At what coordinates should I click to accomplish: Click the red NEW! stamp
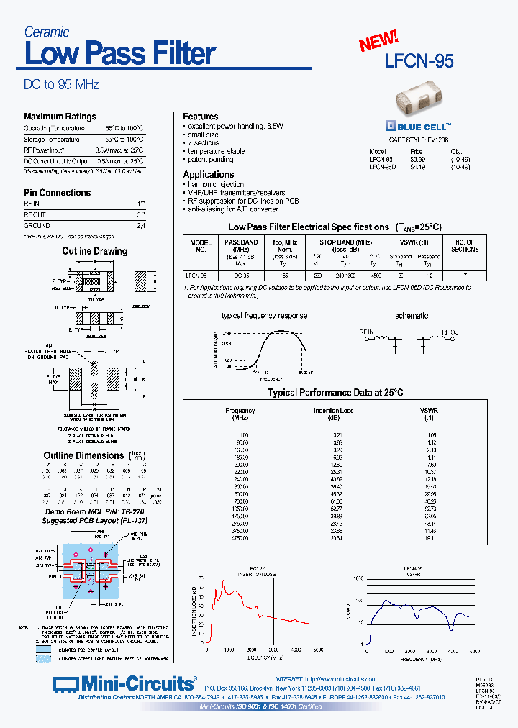point(378,41)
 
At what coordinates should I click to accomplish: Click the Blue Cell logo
point(419,124)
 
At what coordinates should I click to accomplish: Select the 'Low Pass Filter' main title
point(119,53)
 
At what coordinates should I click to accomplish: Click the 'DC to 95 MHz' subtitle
point(61,84)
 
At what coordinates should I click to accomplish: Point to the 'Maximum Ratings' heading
point(60,117)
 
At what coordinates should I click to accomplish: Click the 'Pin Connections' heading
point(57,193)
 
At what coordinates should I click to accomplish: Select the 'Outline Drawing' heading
point(94,251)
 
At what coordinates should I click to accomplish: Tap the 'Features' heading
point(200,117)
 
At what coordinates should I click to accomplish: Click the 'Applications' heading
point(208,175)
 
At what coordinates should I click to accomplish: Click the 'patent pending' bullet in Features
point(212,160)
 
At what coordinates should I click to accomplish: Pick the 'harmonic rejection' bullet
point(215,185)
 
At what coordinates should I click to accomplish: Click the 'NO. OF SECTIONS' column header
point(464,246)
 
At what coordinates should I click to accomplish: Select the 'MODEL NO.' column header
point(201,246)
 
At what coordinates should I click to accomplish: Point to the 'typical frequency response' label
point(264,315)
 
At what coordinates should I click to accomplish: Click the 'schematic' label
point(412,315)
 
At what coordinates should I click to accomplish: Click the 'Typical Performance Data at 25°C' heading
point(335,392)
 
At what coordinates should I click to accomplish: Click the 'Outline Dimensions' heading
point(84,455)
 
